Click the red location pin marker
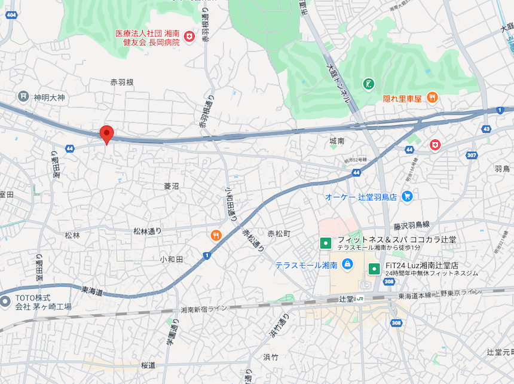(106, 135)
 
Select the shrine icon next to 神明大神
(23, 96)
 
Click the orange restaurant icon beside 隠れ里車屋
(432, 97)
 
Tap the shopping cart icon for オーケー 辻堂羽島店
(407, 196)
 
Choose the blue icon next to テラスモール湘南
(347, 264)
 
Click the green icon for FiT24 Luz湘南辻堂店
(375, 269)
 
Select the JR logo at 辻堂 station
(360, 298)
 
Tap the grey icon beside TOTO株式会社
(5, 301)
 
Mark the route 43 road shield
(486, 129)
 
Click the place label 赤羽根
(122, 82)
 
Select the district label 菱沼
(172, 186)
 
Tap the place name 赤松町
(279, 233)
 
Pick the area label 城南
(337, 141)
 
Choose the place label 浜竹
(271, 357)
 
